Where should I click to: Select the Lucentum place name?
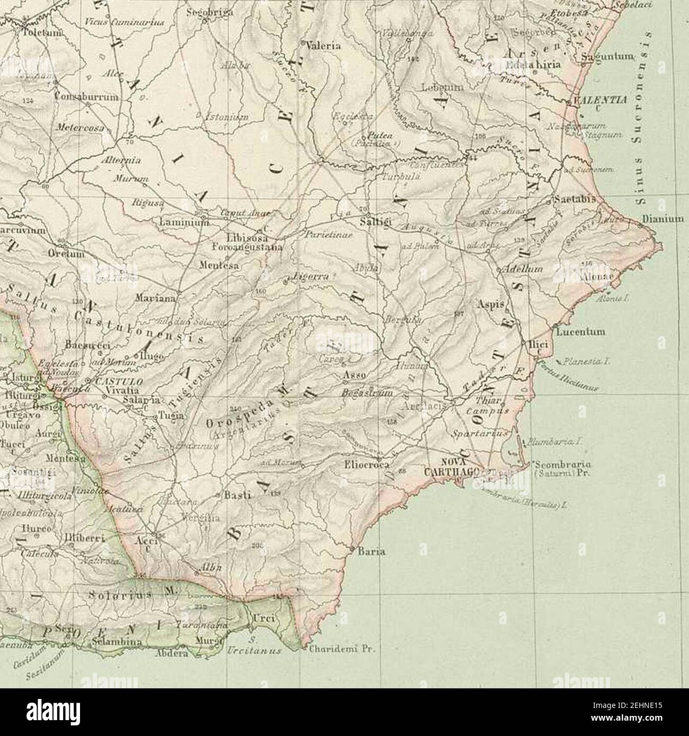pos(580,333)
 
